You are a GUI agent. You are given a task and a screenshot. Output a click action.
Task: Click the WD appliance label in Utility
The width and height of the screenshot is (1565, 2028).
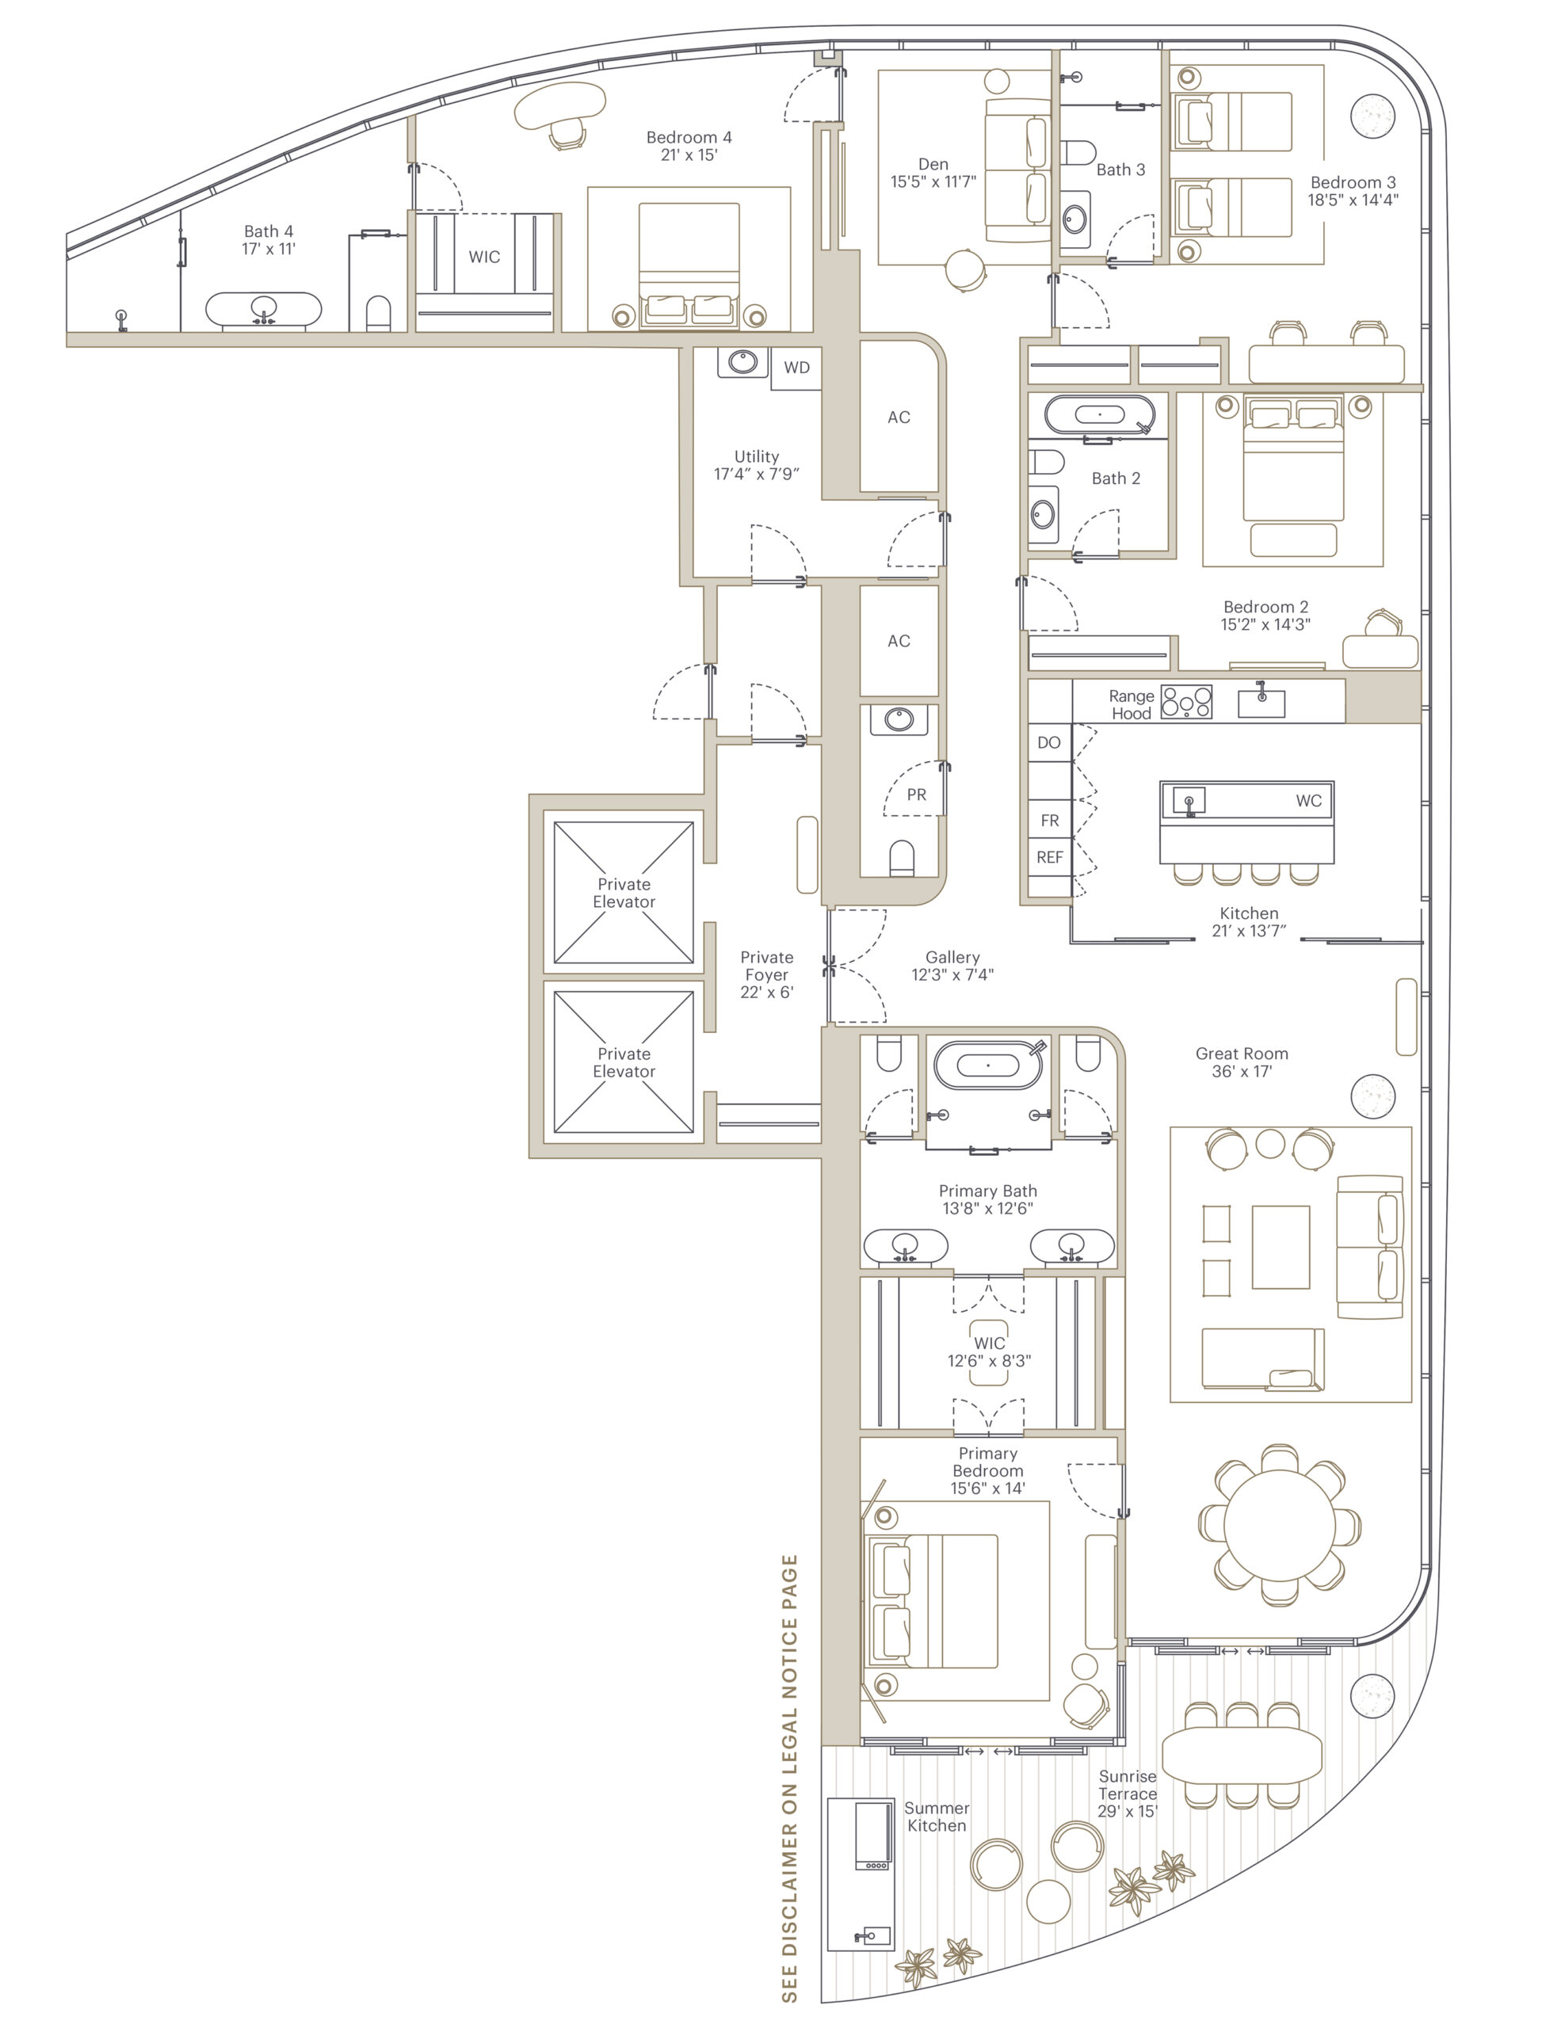(x=796, y=368)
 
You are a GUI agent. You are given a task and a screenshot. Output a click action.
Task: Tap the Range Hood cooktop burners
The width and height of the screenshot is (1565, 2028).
(x=1186, y=702)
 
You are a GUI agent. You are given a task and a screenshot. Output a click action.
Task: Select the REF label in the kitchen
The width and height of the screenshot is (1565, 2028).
(x=1049, y=857)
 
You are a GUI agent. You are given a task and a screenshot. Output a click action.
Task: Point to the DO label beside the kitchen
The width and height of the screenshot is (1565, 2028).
(x=1048, y=743)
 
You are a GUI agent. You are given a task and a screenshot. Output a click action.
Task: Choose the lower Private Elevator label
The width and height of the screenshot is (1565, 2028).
(x=624, y=1062)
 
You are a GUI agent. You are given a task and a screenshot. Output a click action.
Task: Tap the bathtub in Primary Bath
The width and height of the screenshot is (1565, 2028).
(x=988, y=1065)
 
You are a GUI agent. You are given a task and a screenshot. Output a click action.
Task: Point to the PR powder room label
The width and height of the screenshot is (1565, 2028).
(x=917, y=795)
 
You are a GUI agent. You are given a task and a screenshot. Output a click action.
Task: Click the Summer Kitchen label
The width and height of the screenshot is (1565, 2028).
(x=936, y=1817)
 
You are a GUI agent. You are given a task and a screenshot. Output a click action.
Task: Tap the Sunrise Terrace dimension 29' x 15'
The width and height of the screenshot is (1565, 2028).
(x=1128, y=1812)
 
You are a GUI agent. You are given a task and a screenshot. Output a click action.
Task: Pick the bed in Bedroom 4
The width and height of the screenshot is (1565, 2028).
(x=689, y=265)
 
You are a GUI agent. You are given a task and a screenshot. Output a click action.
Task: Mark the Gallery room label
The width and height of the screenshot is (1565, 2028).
(x=952, y=957)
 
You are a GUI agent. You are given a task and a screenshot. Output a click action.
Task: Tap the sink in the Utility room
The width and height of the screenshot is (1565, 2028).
(x=742, y=362)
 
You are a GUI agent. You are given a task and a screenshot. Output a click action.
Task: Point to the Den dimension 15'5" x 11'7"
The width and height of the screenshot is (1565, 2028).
(x=933, y=182)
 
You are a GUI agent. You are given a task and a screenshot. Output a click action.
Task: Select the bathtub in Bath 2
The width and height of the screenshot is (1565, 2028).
(x=1101, y=414)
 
